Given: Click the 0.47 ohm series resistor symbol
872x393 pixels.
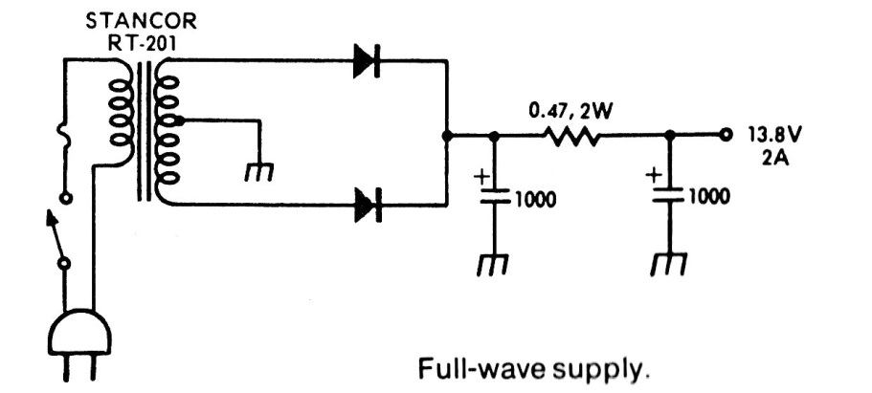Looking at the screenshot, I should coord(573,137).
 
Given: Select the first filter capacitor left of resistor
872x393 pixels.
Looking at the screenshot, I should coord(493,200).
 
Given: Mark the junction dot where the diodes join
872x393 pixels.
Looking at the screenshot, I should coord(447,137).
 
